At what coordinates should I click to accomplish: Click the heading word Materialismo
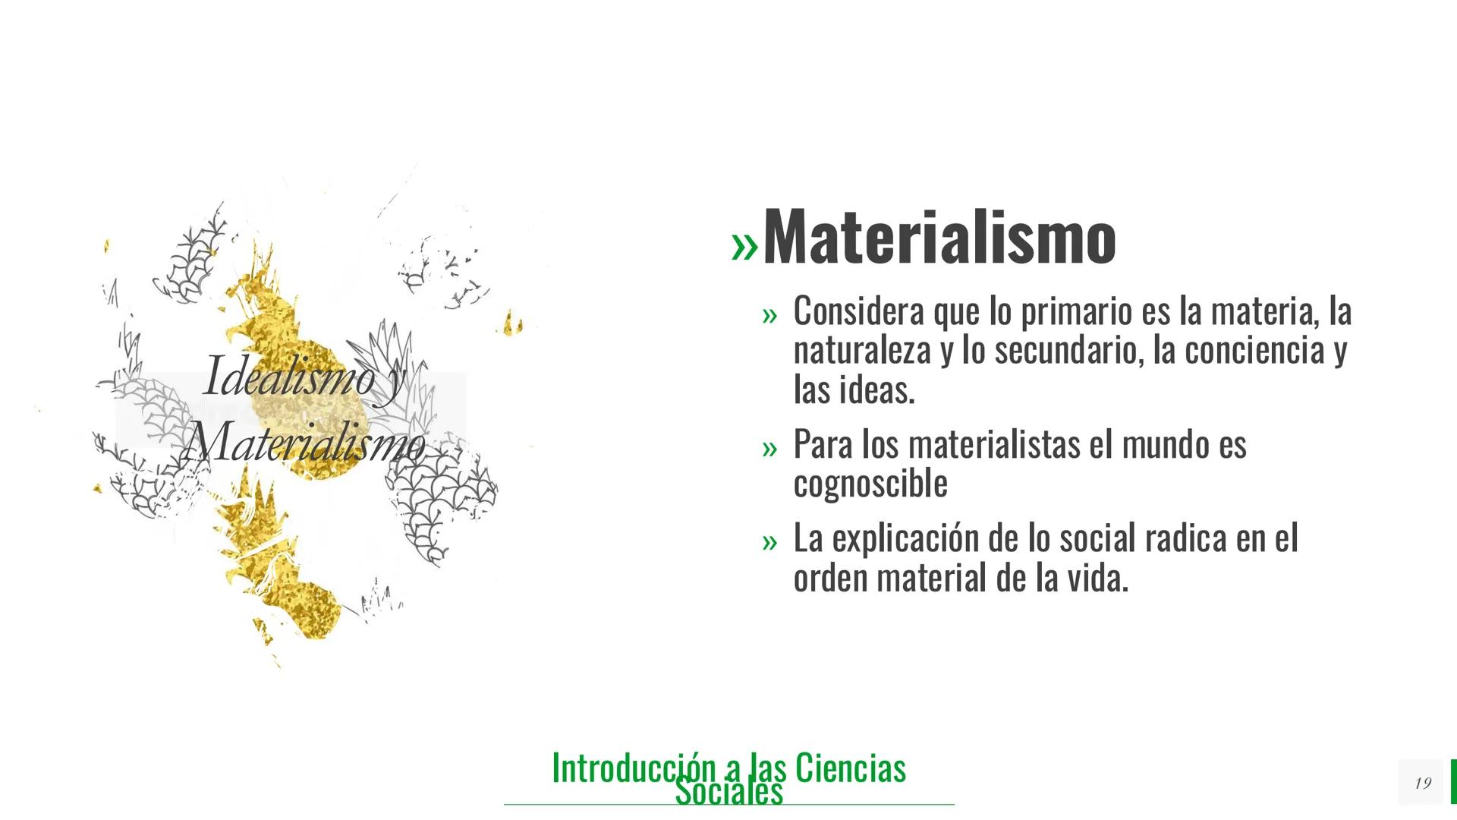(939, 238)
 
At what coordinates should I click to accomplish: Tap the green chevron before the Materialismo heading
(744, 246)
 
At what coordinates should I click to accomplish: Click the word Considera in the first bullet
(858, 311)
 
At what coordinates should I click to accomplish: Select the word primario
(1075, 311)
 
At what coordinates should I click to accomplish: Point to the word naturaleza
(861, 351)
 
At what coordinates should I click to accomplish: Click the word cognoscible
(870, 484)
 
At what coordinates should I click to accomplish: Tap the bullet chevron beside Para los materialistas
(770, 449)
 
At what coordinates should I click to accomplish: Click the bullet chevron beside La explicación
(770, 542)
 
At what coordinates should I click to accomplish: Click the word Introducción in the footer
(634, 768)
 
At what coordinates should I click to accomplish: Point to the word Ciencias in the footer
(851, 768)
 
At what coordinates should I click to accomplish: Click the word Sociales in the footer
(728, 792)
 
